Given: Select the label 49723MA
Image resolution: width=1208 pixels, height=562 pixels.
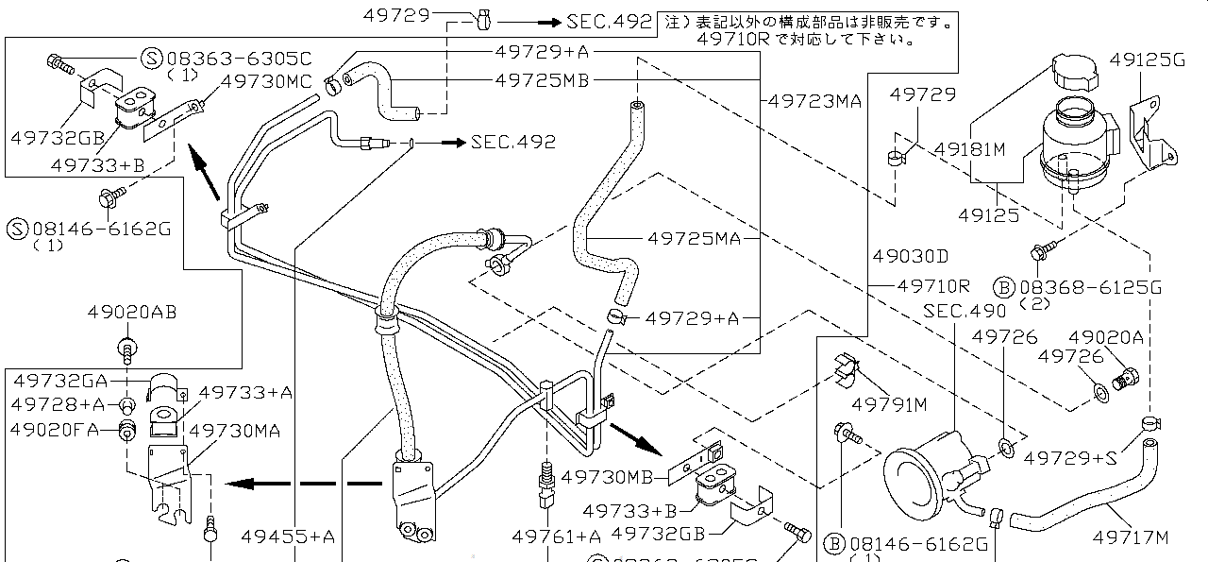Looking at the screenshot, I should pyautogui.click(x=814, y=99).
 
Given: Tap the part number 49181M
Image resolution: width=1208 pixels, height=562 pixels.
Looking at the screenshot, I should pyautogui.click(x=969, y=149).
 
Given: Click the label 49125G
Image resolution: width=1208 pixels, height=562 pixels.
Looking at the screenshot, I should pyautogui.click(x=1147, y=60).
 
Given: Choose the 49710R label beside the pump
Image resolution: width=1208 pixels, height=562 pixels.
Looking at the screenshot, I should pyautogui.click(x=933, y=285).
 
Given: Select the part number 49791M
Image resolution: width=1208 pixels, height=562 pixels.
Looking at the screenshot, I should pyautogui.click(x=889, y=404).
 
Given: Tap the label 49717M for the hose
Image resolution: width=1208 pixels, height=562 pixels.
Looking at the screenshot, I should pyautogui.click(x=1131, y=537).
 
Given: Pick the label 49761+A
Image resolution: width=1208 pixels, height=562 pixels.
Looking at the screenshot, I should pyautogui.click(x=556, y=536).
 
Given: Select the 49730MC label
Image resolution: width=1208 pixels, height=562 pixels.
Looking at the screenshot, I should pyautogui.click(x=266, y=81).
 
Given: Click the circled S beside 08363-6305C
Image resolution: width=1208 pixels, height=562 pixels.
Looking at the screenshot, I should pyautogui.click(x=151, y=58).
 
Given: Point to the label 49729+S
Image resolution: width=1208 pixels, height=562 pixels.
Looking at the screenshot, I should pyautogui.click(x=1070, y=459).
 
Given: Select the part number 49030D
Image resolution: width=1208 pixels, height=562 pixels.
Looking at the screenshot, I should pyautogui.click(x=910, y=256).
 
